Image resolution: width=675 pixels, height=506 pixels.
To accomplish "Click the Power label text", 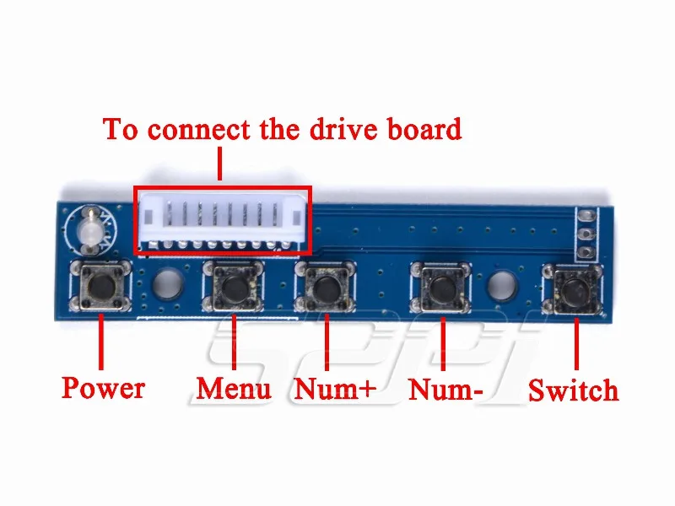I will [x=103, y=388].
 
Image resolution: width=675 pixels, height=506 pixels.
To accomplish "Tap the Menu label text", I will [x=234, y=388].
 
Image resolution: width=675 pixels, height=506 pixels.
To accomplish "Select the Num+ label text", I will [x=334, y=390].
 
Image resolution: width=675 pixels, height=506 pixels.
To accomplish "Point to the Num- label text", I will [x=445, y=390].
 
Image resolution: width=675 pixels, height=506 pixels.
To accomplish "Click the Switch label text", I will [x=573, y=390].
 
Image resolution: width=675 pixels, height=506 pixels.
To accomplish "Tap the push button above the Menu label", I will [x=234, y=288].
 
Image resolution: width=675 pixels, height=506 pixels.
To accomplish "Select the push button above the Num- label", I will [x=441, y=288].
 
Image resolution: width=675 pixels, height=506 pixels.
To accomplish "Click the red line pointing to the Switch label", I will [x=578, y=343].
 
